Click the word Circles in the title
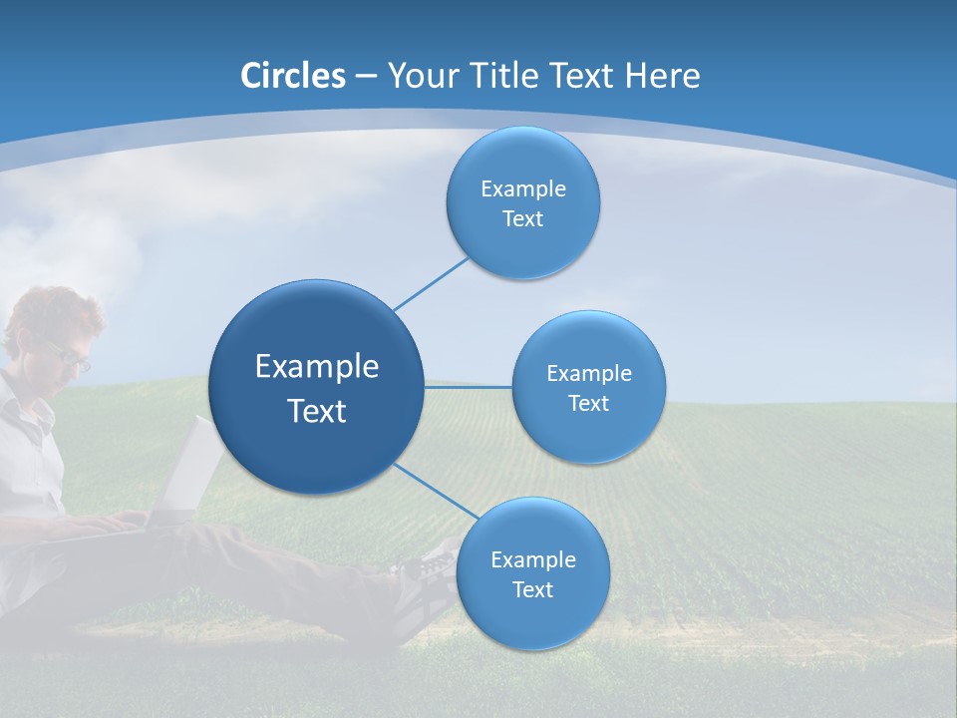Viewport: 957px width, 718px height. (293, 76)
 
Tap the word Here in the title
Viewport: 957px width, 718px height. (662, 76)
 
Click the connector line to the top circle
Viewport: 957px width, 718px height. (431, 283)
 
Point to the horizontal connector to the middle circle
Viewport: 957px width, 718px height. (468, 386)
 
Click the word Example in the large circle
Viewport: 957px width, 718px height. (317, 367)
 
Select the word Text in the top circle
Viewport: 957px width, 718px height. (522, 219)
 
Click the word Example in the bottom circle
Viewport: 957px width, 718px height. (532, 559)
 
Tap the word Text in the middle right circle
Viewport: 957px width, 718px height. (588, 404)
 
